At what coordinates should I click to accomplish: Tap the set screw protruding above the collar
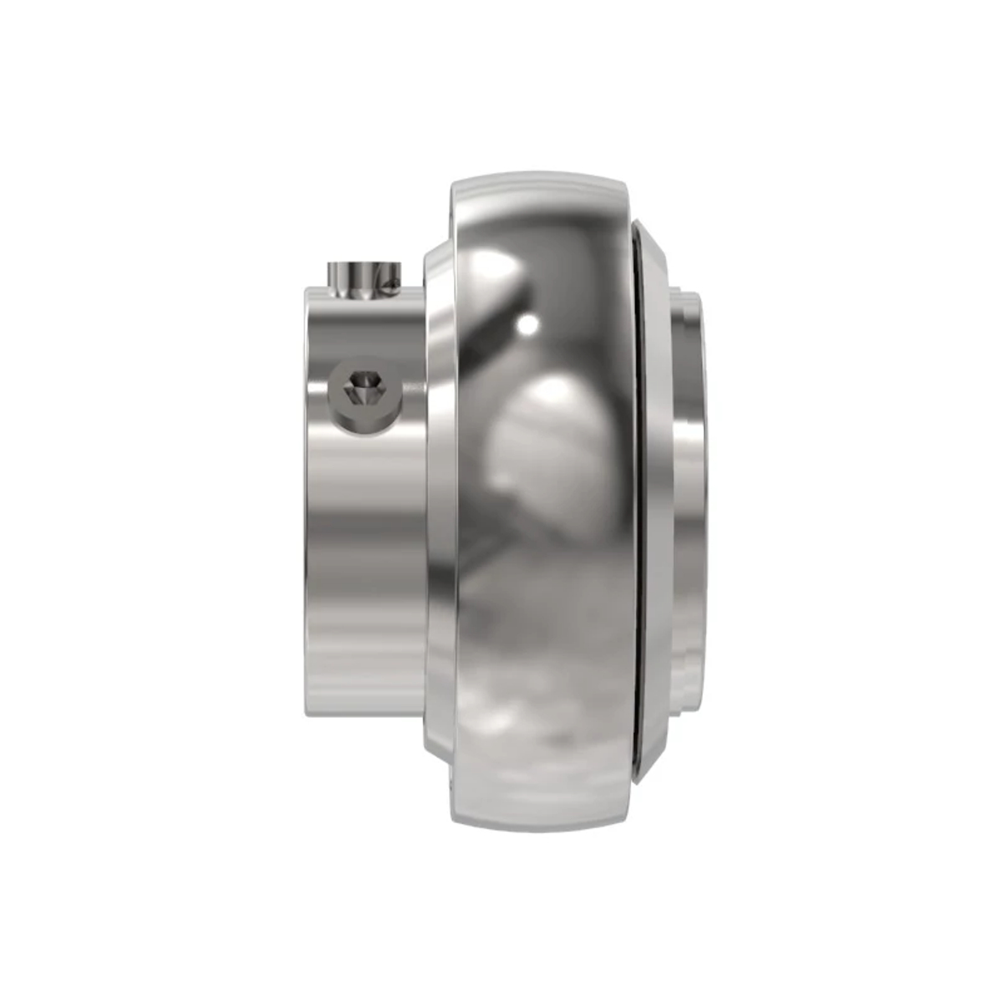pyautogui.click(x=361, y=277)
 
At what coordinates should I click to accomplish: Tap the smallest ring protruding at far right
pyautogui.click(x=698, y=501)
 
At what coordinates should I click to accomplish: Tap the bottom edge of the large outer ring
pyautogui.click(x=535, y=823)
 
